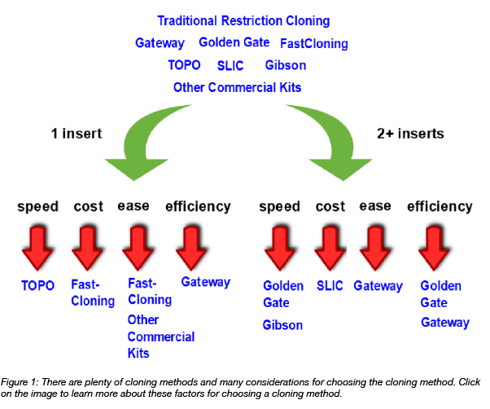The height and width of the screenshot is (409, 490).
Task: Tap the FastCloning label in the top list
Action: point(313,43)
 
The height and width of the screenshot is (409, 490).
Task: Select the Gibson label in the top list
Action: point(286,65)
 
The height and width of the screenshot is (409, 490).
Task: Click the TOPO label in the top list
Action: point(184,65)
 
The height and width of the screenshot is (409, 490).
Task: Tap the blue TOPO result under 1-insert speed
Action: point(37,286)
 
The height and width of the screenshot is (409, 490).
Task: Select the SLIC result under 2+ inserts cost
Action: point(330,286)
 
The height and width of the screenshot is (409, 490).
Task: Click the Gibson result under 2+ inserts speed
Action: point(282,325)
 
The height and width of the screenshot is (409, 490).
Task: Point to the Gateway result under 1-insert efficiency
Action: point(205,283)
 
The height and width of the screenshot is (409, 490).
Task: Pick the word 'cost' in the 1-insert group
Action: point(88,207)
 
